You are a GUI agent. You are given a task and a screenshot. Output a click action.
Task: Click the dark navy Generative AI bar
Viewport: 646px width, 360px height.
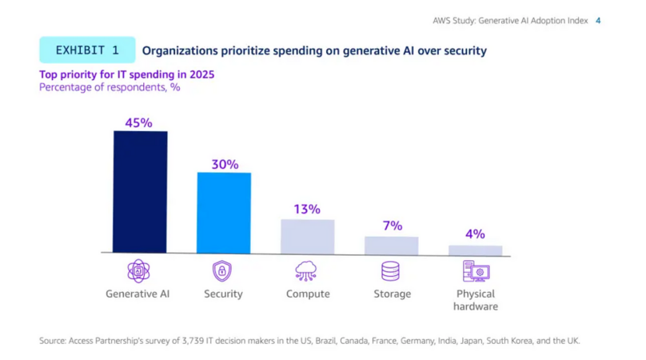click(140, 192)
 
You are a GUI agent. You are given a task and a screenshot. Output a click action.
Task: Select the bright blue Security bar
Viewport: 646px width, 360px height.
click(224, 213)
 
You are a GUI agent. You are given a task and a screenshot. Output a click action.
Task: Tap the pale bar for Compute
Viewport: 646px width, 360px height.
click(307, 237)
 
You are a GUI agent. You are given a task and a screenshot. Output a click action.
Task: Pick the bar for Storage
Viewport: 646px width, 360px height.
click(391, 245)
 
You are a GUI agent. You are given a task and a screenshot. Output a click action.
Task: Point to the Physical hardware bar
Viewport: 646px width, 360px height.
click(475, 250)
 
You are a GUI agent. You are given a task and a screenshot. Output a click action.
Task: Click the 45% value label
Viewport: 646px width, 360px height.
click(138, 122)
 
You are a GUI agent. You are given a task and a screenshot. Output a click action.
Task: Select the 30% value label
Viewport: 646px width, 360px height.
click(225, 164)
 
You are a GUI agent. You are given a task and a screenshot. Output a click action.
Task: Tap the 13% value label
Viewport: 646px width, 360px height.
click(307, 209)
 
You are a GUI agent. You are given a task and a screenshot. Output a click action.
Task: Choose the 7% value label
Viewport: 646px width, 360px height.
click(392, 226)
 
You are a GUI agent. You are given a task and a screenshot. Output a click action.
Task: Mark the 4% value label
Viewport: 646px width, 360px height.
click(475, 234)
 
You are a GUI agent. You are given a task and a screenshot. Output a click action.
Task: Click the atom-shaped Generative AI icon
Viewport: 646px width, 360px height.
click(138, 271)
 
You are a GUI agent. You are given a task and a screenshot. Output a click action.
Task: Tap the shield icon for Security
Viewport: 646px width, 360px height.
click(222, 271)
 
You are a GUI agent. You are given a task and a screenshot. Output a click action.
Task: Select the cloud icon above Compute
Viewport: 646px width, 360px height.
click(307, 271)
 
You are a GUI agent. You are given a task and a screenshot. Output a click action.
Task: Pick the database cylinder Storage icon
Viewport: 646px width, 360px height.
click(390, 271)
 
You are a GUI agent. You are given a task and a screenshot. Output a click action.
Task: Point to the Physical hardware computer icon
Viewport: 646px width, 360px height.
click(476, 271)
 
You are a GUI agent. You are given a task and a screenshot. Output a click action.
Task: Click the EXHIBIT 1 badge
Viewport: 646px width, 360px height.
click(87, 50)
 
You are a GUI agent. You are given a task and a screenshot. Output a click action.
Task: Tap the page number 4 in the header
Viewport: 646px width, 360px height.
click(598, 21)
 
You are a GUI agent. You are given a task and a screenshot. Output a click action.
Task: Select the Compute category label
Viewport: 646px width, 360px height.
click(308, 294)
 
